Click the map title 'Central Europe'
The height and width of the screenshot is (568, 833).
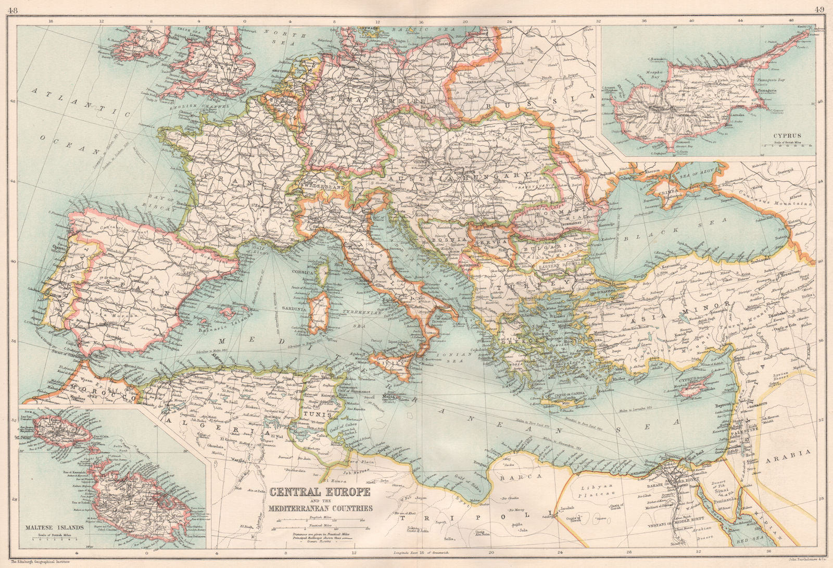(x=320, y=493)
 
